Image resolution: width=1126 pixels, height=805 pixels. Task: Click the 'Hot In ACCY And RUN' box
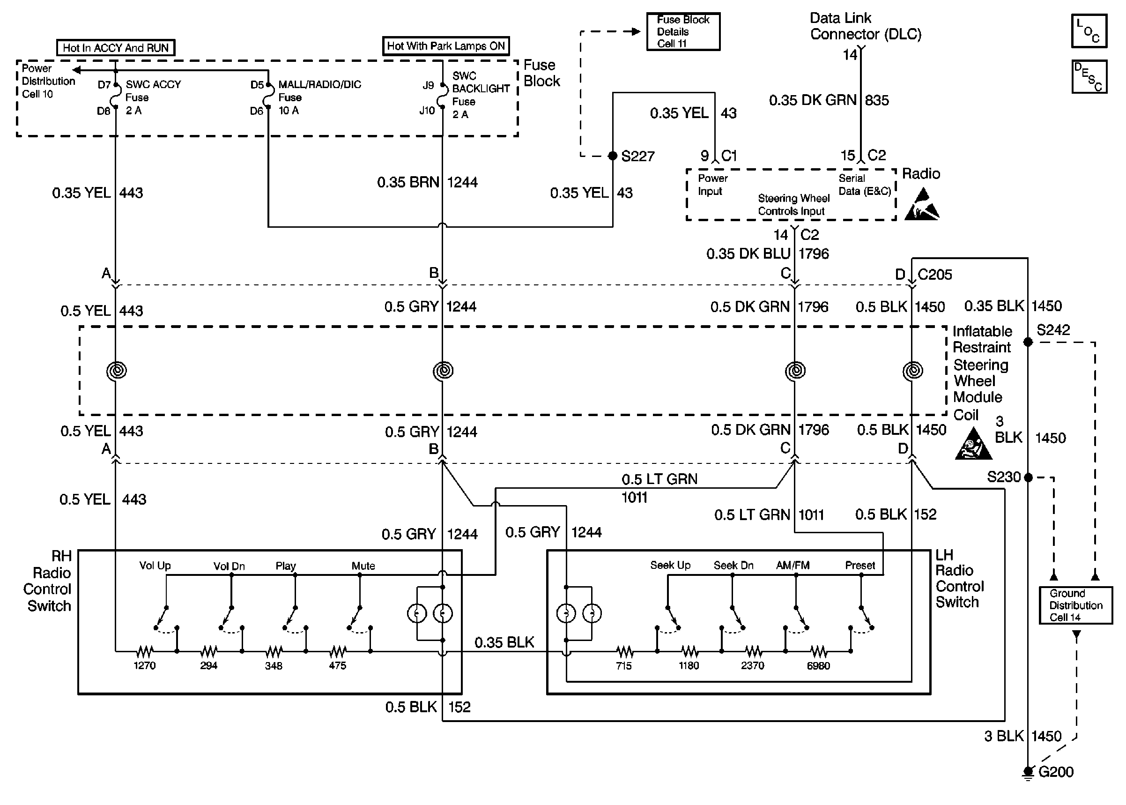click(x=115, y=48)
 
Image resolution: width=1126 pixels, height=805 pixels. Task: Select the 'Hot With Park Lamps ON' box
click(x=446, y=46)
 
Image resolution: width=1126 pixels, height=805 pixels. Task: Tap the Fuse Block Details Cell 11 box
click(x=683, y=31)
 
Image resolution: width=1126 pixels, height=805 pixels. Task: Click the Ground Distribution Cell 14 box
click(x=1075, y=605)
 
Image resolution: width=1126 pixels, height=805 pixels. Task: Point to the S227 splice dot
click(x=613, y=156)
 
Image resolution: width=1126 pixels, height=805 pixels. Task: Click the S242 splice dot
click(x=1028, y=342)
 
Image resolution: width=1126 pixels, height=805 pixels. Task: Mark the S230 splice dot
click(x=1028, y=477)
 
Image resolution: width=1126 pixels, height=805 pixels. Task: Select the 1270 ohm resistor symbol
click(x=145, y=650)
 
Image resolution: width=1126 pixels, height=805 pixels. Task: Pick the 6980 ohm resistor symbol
click(x=818, y=650)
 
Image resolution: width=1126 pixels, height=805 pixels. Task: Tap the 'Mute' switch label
click(x=363, y=566)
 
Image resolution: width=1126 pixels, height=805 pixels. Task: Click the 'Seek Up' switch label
click(x=670, y=565)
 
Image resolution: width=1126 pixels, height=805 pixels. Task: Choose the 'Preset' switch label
click(x=860, y=565)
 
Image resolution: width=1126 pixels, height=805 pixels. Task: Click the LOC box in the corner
click(x=1089, y=31)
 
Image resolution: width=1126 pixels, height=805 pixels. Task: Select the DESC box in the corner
click(x=1089, y=76)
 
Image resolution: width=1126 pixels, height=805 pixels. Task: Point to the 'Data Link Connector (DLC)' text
click(x=866, y=26)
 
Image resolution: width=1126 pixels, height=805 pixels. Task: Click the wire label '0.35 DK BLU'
click(x=748, y=254)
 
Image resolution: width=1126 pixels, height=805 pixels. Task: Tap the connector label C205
click(x=935, y=274)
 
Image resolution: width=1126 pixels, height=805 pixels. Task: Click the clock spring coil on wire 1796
click(x=795, y=370)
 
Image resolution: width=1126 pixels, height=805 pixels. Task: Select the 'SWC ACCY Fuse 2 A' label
click(x=153, y=97)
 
